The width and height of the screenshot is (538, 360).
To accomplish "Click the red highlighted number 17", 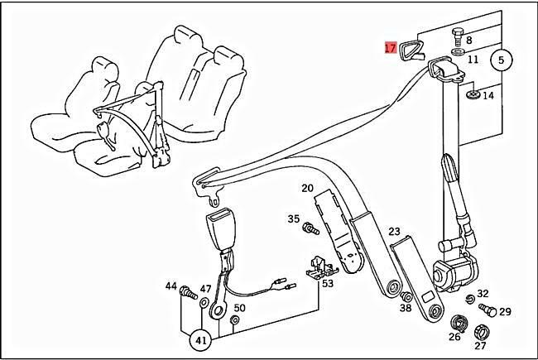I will pos(390,48).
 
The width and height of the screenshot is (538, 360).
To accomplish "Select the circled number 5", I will pos(502,60).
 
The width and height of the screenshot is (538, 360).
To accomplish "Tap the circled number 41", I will pos(199,338).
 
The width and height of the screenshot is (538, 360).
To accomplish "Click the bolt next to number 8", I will pos(458,38).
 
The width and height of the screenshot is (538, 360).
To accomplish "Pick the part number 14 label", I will pos(488,96).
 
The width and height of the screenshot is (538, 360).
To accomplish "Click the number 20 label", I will pos(307,189).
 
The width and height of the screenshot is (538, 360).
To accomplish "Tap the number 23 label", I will pos(394,232).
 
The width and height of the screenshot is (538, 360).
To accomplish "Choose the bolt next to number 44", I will pos(186,292).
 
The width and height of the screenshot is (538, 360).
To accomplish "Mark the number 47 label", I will pos(205,289).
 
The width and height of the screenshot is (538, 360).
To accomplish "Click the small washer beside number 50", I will pos(234,320).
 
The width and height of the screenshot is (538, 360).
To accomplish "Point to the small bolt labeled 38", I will pos(406,297).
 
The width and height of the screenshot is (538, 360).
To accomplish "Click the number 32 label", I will pos(483,294).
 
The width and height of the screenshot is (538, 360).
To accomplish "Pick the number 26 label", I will pos(454,337).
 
